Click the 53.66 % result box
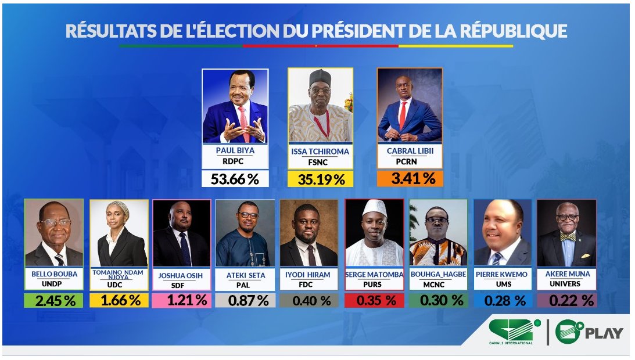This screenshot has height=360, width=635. pyautogui.click(x=235, y=179)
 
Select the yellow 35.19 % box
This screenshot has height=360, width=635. pyautogui.click(x=321, y=179)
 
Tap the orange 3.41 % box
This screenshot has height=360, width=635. pyautogui.click(x=410, y=178)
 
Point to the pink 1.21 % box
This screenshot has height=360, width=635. pyautogui.click(x=181, y=300)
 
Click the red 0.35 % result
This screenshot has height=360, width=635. pyautogui.click(x=374, y=300)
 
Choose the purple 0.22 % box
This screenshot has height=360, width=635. pyautogui.click(x=566, y=300)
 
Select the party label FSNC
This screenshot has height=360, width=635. pyautogui.click(x=320, y=163)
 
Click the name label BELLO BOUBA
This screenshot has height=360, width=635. pyautogui.click(x=53, y=274)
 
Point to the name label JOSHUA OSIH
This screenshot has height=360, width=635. pyautogui.click(x=181, y=276)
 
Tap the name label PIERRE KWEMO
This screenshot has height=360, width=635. pyautogui.click(x=503, y=274)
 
